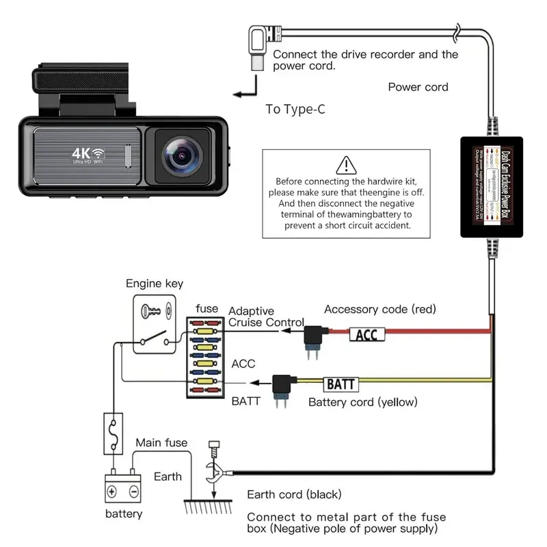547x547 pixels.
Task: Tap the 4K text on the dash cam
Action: click(83, 152)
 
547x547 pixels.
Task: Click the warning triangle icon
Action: click(347, 165)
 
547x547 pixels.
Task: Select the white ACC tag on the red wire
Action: click(367, 334)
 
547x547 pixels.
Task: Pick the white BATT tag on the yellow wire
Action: click(340, 384)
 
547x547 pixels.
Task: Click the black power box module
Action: click(490, 187)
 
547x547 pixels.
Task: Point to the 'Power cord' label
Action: click(418, 87)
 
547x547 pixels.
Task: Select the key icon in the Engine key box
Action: click(152, 311)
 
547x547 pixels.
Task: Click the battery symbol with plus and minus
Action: click(123, 490)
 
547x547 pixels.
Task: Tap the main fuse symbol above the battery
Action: click(113, 432)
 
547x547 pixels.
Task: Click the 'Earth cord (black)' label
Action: click(294, 494)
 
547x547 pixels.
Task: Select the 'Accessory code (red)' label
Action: click(379, 309)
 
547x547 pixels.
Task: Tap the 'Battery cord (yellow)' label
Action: click(362, 402)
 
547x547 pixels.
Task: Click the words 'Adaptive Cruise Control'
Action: click(266, 317)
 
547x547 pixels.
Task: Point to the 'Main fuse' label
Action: click(161, 443)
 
